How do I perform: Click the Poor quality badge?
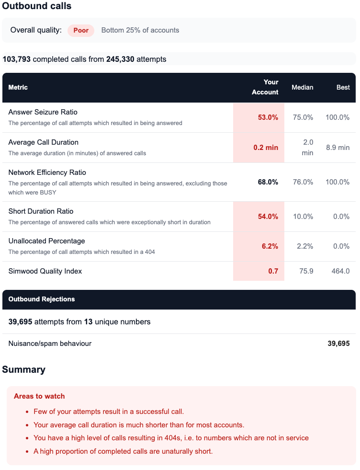point(81,30)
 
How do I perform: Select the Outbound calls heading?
point(37,6)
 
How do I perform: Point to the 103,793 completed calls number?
point(17,59)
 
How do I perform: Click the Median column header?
point(302,87)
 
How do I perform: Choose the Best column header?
point(343,87)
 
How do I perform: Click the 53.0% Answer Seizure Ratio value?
point(268,117)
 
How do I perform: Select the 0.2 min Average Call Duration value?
point(266,148)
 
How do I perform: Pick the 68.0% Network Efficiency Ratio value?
point(268,182)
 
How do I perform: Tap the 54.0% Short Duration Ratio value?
point(268,217)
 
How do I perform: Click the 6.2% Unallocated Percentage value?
point(270,246)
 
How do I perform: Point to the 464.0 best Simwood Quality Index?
point(340,271)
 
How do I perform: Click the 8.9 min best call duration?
point(337,148)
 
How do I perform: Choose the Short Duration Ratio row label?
point(41,211)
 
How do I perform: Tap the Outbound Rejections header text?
point(42,299)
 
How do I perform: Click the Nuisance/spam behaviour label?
point(50,344)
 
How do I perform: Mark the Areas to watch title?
point(39,396)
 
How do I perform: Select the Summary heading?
point(24,369)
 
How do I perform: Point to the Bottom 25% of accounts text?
point(140,30)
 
